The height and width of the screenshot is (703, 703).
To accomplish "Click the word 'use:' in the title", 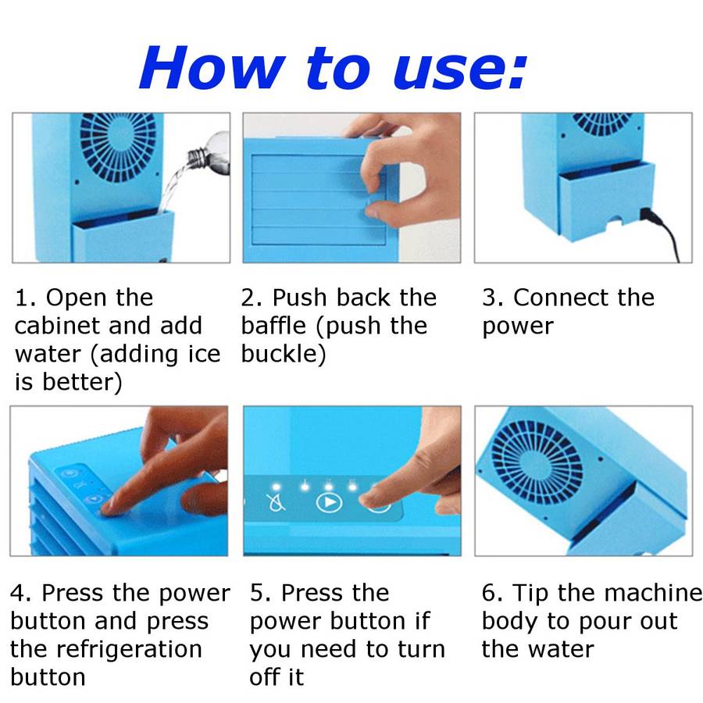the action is click(x=460, y=69).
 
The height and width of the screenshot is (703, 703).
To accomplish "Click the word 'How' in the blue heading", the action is click(x=212, y=67).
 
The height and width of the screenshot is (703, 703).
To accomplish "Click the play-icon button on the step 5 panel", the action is click(x=329, y=502).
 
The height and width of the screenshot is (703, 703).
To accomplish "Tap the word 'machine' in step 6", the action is click(x=644, y=593).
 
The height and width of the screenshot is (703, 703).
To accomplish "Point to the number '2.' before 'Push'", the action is click(x=253, y=298).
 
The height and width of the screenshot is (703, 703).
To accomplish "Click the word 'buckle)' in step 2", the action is click(x=284, y=354).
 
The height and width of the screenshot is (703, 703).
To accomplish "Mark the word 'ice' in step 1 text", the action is click(x=204, y=354).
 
